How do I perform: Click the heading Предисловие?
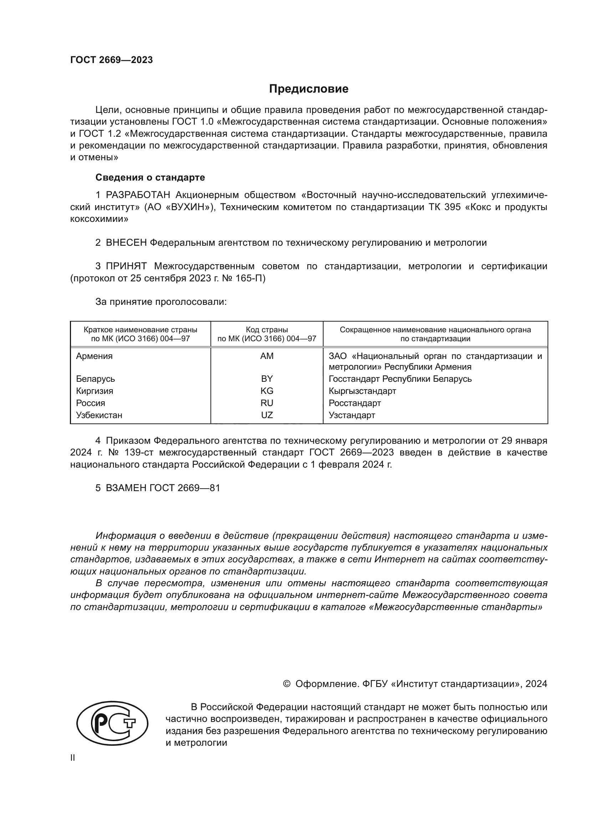coord(309,89)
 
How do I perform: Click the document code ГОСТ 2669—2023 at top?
coord(111,60)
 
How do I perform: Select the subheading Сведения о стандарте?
coord(150,177)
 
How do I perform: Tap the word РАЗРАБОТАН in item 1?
coord(138,195)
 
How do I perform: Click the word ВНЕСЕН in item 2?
coord(126,243)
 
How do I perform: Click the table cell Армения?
coord(94,356)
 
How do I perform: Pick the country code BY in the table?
coord(267,379)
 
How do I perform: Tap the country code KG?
coord(267,391)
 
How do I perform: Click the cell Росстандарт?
coord(355,403)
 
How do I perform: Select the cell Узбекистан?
coord(99,415)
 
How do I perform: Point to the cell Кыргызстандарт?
coord(362,391)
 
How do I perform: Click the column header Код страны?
coord(267,330)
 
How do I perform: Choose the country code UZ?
coord(267,415)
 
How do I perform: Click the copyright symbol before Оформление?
coord(286,684)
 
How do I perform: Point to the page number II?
coord(73,757)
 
